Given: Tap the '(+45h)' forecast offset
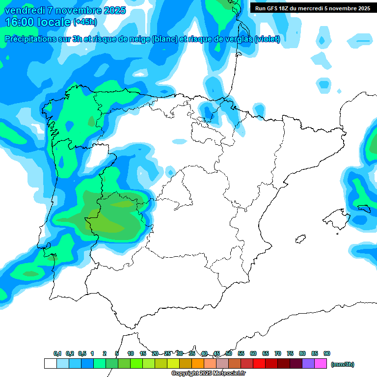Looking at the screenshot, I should pos(85,22).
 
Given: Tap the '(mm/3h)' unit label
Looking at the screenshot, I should pos(342,364).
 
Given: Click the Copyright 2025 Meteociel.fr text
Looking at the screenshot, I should pos(208,374).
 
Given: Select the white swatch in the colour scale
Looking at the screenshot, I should pos(50,363).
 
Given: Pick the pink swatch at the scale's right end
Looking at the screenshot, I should pos(321,363).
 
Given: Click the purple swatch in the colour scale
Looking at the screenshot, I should pos(308,363).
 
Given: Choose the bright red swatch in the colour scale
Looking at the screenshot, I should pos(259,363).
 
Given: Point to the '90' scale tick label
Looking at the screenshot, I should pos(327,353).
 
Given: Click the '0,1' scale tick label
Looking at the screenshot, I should pos(57,353).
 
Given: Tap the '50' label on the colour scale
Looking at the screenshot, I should pos(229,353).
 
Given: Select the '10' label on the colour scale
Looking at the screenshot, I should pos(131,353).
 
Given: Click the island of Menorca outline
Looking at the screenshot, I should pos(364,208).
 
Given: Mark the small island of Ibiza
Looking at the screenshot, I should pos(299,240).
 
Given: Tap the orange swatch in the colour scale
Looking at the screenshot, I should pos(198,363).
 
